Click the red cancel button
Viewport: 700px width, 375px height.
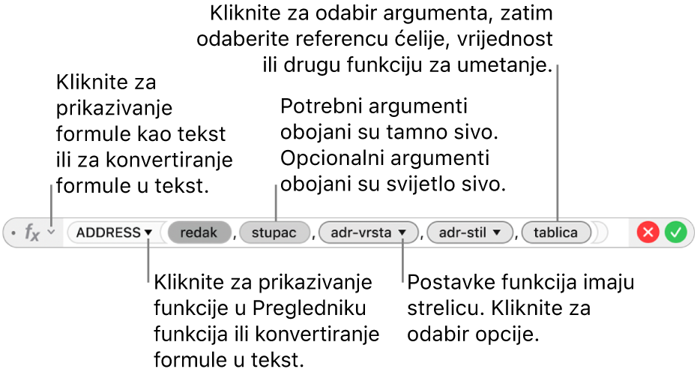[648, 232]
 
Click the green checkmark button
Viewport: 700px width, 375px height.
[675, 232]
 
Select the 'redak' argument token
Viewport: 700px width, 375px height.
[199, 232]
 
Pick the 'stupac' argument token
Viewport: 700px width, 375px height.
[274, 232]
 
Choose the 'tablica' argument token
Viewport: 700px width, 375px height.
[556, 232]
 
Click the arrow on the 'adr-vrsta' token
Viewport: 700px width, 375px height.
[402, 232]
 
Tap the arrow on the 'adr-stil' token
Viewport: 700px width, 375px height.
[496, 232]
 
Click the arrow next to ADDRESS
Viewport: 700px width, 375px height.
[148, 232]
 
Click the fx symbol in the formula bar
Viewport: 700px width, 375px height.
[32, 232]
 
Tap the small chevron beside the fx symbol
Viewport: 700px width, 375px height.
[52, 232]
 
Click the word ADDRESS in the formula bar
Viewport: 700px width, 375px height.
[109, 232]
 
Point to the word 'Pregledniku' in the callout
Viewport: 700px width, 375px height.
[310, 308]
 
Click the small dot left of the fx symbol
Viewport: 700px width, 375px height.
[13, 232]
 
